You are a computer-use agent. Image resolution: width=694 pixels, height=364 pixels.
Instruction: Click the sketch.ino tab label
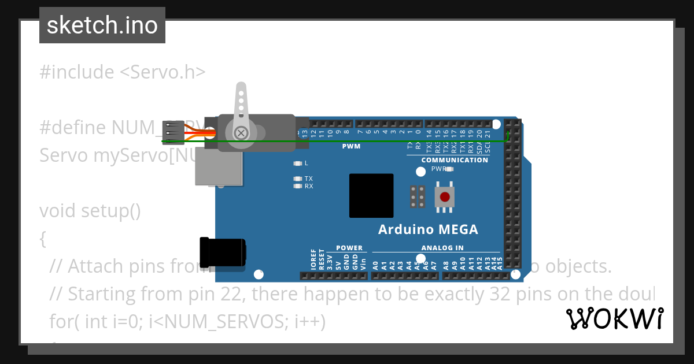(x=102, y=26)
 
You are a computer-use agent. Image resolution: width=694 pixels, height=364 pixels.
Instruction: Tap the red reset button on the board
(x=444, y=197)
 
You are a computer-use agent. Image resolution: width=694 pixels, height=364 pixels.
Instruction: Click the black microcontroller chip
(x=371, y=196)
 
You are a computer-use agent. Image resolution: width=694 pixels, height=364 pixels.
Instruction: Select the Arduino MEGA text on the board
(x=428, y=230)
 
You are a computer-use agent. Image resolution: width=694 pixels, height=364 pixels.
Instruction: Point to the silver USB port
(x=218, y=166)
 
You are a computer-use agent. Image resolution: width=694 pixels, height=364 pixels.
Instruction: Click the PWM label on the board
(x=351, y=147)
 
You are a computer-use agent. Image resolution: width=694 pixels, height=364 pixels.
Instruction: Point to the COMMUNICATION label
(x=455, y=160)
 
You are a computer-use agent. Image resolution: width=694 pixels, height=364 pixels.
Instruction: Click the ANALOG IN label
(x=442, y=248)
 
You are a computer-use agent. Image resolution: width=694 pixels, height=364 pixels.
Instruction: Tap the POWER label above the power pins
(x=349, y=248)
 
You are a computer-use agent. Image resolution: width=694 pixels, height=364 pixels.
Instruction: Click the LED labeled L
(x=297, y=164)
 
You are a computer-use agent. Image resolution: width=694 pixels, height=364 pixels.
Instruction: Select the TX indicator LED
(x=297, y=179)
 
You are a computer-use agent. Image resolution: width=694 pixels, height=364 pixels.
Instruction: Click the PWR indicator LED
(x=449, y=169)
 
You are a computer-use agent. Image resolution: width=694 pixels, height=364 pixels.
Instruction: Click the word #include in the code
(x=76, y=72)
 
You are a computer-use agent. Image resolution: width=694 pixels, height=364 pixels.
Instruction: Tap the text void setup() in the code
(x=90, y=211)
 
